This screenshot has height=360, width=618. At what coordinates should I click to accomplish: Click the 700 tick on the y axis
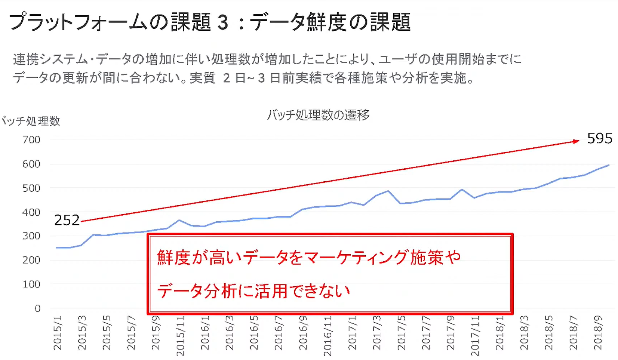pos(31,140)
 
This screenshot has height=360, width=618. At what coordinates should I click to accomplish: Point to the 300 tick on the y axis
pos(31,236)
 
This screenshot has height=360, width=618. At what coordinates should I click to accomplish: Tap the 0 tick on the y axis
pos(37,308)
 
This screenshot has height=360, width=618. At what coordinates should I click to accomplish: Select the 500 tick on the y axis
pos(31,188)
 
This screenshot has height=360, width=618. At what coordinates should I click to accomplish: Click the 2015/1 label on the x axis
pos(58,332)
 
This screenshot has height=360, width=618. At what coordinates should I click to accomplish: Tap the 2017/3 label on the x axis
pos(377,332)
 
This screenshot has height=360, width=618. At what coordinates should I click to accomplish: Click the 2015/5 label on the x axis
pos(107,332)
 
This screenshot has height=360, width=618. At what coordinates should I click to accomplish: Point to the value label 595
pos(600,139)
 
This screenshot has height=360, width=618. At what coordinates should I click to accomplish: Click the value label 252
pos(67,220)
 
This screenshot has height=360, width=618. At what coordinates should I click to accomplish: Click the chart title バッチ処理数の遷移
pos(318,115)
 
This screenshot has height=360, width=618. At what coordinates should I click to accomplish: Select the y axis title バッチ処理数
pos(31,121)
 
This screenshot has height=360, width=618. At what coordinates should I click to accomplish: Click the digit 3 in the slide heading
pos(223,22)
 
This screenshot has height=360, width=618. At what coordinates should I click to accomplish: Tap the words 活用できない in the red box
pos(302,291)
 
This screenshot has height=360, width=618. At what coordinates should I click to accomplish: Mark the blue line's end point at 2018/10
pos(609,165)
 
